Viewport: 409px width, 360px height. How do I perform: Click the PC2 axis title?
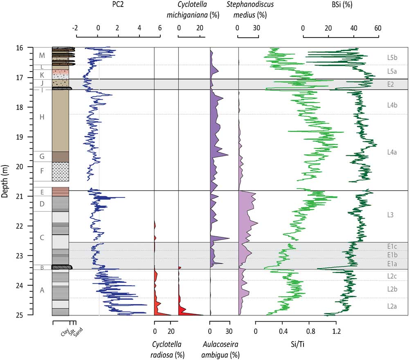pos(118,5)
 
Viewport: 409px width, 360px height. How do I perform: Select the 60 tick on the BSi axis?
pos(378,28)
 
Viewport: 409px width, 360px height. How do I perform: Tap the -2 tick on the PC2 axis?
pos(75,28)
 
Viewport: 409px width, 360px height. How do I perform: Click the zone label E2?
pos(391,85)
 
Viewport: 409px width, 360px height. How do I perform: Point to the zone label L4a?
pos(392,152)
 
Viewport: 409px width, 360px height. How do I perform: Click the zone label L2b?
pos(392,289)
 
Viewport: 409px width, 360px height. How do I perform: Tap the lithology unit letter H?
pos(41,118)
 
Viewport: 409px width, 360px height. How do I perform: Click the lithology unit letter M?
pos(41,55)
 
